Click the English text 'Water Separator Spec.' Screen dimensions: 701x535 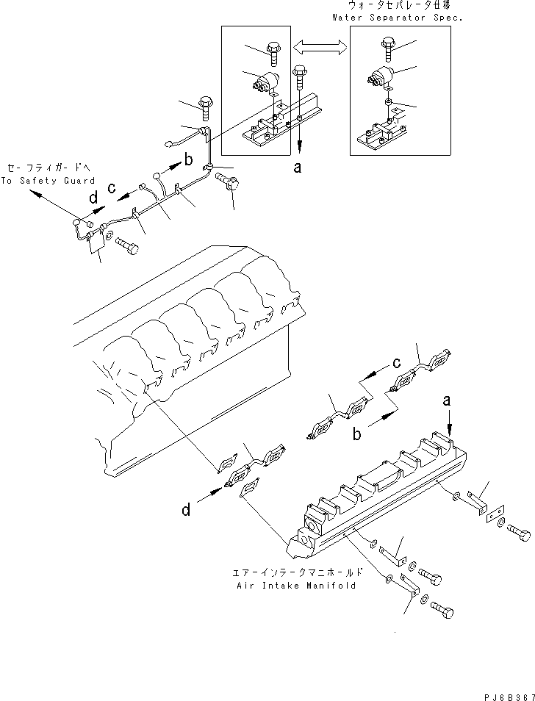397,17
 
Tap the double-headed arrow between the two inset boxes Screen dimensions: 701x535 320,47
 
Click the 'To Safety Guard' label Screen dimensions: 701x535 48,181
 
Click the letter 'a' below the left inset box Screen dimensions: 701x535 297,168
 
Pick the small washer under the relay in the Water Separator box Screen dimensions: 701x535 388,101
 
